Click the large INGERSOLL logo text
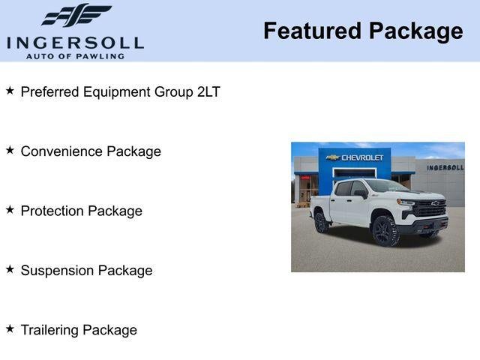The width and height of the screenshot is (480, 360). click(x=75, y=42)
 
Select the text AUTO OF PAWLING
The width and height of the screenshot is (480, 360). click(x=75, y=56)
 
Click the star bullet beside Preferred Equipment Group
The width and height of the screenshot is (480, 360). click(x=10, y=91)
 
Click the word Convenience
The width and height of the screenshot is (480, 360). click(x=61, y=151)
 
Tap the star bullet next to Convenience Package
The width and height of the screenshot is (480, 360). click(x=10, y=151)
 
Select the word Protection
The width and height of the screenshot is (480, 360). click(x=52, y=211)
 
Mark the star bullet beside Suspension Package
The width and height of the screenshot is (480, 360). click(x=10, y=269)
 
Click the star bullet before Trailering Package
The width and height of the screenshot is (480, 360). click(x=10, y=328)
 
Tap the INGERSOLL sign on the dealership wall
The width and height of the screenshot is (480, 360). click(x=445, y=167)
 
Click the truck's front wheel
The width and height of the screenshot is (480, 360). click(x=385, y=232)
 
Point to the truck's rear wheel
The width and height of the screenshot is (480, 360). click(x=322, y=222)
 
